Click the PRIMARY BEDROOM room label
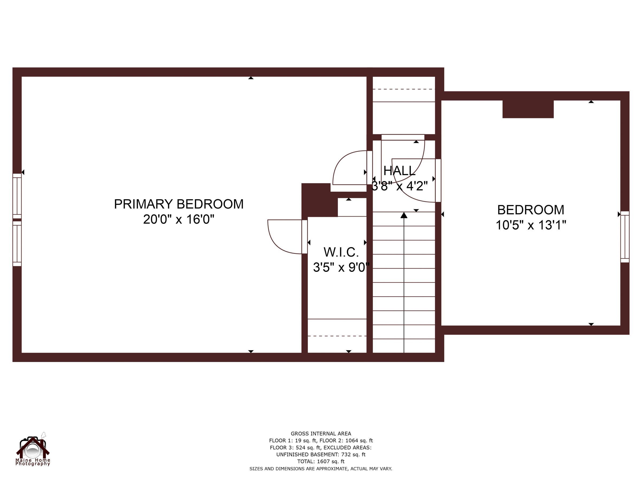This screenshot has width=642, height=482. coord(178,204)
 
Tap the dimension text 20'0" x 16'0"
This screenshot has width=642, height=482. coord(178,219)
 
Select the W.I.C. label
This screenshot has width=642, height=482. coord(341,252)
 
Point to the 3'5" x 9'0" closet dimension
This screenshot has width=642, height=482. coord(341,267)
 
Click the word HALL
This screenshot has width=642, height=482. coord(399,171)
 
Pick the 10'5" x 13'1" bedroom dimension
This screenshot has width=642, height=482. coord(530,225)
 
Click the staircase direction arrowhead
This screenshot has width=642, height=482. coord(404,215)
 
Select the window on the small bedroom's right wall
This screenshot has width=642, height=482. coord(625,237)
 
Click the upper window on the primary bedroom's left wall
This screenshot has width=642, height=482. coord(17,196)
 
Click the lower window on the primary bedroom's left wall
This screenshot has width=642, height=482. coord(17,243)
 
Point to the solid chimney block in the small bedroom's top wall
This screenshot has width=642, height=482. coord(528,109)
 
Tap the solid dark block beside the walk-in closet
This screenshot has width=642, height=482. coord(318,200)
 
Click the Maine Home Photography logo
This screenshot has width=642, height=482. coord(33,450)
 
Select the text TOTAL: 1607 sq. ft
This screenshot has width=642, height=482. coord(321,461)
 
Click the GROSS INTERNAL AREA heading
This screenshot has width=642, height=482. coord(321,434)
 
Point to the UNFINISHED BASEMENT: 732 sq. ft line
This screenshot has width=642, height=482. coord(321,454)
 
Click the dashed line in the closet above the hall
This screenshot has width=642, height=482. coord(403,89)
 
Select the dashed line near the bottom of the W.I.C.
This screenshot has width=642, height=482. coord(337,336)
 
